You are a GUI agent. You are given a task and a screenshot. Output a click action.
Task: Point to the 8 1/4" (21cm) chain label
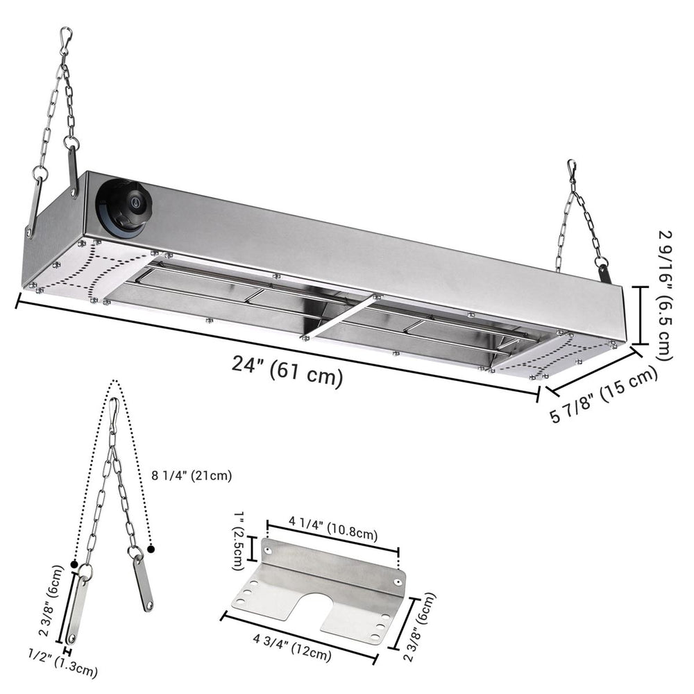[192, 476]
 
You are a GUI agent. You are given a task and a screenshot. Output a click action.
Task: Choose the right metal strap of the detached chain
[144, 582]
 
